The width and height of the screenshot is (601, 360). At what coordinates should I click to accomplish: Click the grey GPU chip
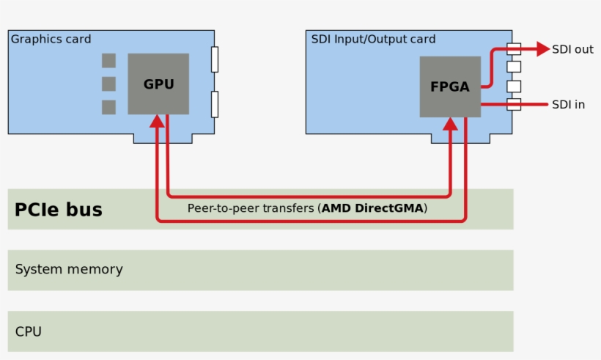(x=158, y=84)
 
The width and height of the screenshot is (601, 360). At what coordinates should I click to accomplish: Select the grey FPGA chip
(x=450, y=87)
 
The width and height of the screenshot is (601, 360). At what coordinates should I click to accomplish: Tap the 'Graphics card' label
(x=51, y=39)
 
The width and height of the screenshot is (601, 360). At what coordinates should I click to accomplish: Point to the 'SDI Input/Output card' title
(x=373, y=39)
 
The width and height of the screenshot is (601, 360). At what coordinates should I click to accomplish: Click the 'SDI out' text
(x=573, y=49)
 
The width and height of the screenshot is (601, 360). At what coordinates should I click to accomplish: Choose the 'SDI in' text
(x=569, y=104)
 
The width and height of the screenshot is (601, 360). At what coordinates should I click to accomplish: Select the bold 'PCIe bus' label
(x=59, y=210)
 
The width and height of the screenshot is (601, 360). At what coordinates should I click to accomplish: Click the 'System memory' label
(x=69, y=269)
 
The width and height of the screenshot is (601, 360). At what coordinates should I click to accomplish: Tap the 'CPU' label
(x=29, y=331)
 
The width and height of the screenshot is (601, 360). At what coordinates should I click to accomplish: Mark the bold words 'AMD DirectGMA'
(x=373, y=208)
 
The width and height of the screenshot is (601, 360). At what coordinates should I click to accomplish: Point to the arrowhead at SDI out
(x=542, y=49)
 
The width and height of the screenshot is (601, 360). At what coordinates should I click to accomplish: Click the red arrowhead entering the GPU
(x=157, y=121)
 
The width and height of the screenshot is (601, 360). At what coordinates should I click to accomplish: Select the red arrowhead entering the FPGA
(x=450, y=125)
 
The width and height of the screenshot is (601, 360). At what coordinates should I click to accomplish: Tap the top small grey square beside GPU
(x=108, y=60)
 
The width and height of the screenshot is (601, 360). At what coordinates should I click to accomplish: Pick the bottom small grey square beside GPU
(x=108, y=107)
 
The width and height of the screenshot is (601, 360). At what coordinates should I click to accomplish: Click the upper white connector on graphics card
(x=215, y=59)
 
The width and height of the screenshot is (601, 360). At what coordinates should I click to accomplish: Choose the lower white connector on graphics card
(x=215, y=104)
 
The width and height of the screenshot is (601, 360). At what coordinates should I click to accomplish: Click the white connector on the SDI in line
(x=514, y=104)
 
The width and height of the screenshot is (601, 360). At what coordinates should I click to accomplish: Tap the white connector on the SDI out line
(x=514, y=49)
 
